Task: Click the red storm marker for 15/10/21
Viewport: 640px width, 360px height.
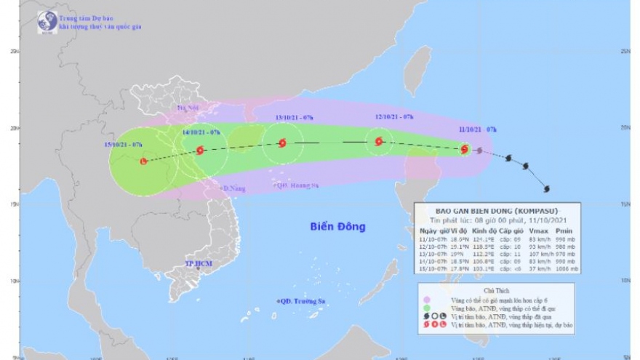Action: coord(143,160)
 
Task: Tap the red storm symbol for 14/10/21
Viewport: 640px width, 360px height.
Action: coord(201,151)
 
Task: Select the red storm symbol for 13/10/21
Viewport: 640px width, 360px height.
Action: coord(281,143)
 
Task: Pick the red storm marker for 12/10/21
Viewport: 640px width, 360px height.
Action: coord(378,141)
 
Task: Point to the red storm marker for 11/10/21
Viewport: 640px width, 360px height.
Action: coord(465,149)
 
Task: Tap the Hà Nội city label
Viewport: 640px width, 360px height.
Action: coord(188,108)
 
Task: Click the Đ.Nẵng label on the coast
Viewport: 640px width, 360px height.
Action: coord(232,188)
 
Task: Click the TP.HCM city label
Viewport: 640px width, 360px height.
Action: coord(199,263)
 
